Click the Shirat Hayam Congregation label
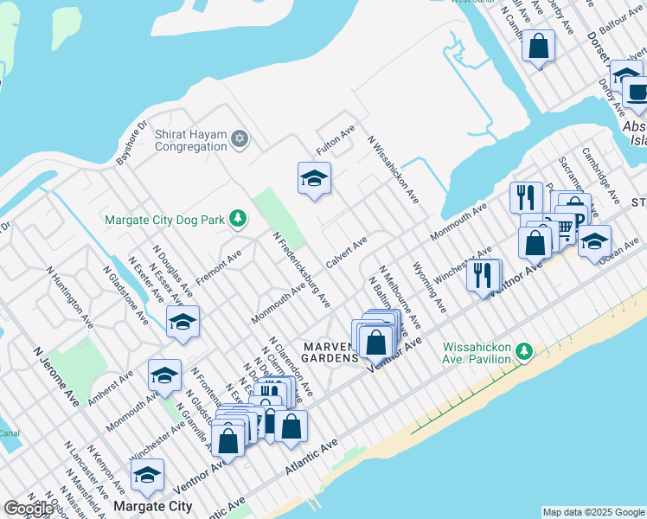click(x=190, y=140)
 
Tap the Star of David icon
click(x=240, y=139)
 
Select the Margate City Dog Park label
click(x=165, y=220)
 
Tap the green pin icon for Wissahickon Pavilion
click(x=522, y=351)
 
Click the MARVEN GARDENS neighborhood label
click(x=330, y=352)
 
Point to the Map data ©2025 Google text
click(x=593, y=512)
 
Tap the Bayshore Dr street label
click(x=133, y=143)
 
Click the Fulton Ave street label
click(x=336, y=141)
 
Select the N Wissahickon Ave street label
click(x=393, y=169)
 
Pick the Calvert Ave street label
click(x=347, y=251)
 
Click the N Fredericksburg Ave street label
click(x=301, y=269)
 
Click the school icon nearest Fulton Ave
click(x=314, y=179)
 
